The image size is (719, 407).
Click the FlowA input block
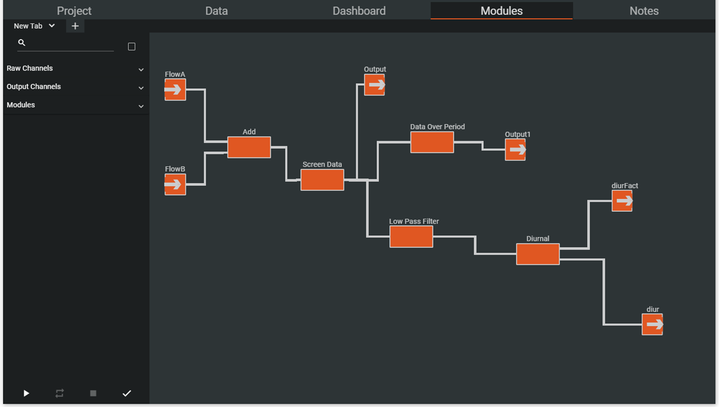175,89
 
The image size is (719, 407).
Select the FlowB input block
175,184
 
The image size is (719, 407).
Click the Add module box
249,147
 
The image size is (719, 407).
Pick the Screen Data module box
322,180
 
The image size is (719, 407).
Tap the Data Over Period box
432,142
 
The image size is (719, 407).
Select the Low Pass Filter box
411,236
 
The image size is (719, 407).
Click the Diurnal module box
538,254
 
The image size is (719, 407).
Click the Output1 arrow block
515,150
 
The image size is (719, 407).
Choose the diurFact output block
622,201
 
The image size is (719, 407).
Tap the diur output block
652,324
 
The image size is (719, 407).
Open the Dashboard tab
359,11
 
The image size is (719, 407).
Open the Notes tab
644,11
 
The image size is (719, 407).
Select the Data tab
216,11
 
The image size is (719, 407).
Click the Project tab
74,11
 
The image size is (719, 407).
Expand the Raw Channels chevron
141,70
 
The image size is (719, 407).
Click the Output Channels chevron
141,88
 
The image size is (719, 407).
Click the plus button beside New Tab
75,26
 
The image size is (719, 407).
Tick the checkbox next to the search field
132,47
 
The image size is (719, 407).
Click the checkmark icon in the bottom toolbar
127,393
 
